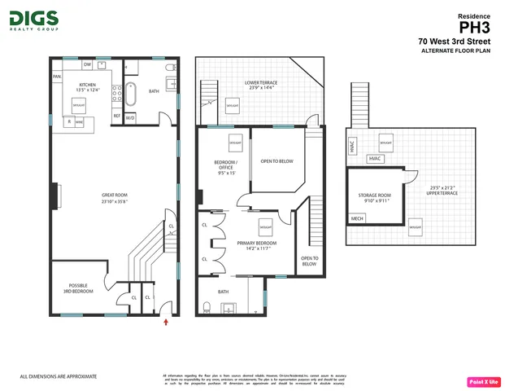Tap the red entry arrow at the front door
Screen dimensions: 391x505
pyautogui.click(x=167, y=323)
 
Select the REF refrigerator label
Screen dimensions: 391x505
pyautogui.click(x=117, y=116)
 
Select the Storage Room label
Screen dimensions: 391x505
pyautogui.click(x=374, y=198)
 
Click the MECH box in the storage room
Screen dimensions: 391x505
pyautogui.click(x=357, y=219)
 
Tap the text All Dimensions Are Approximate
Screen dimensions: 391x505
pyautogui.click(x=58, y=376)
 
